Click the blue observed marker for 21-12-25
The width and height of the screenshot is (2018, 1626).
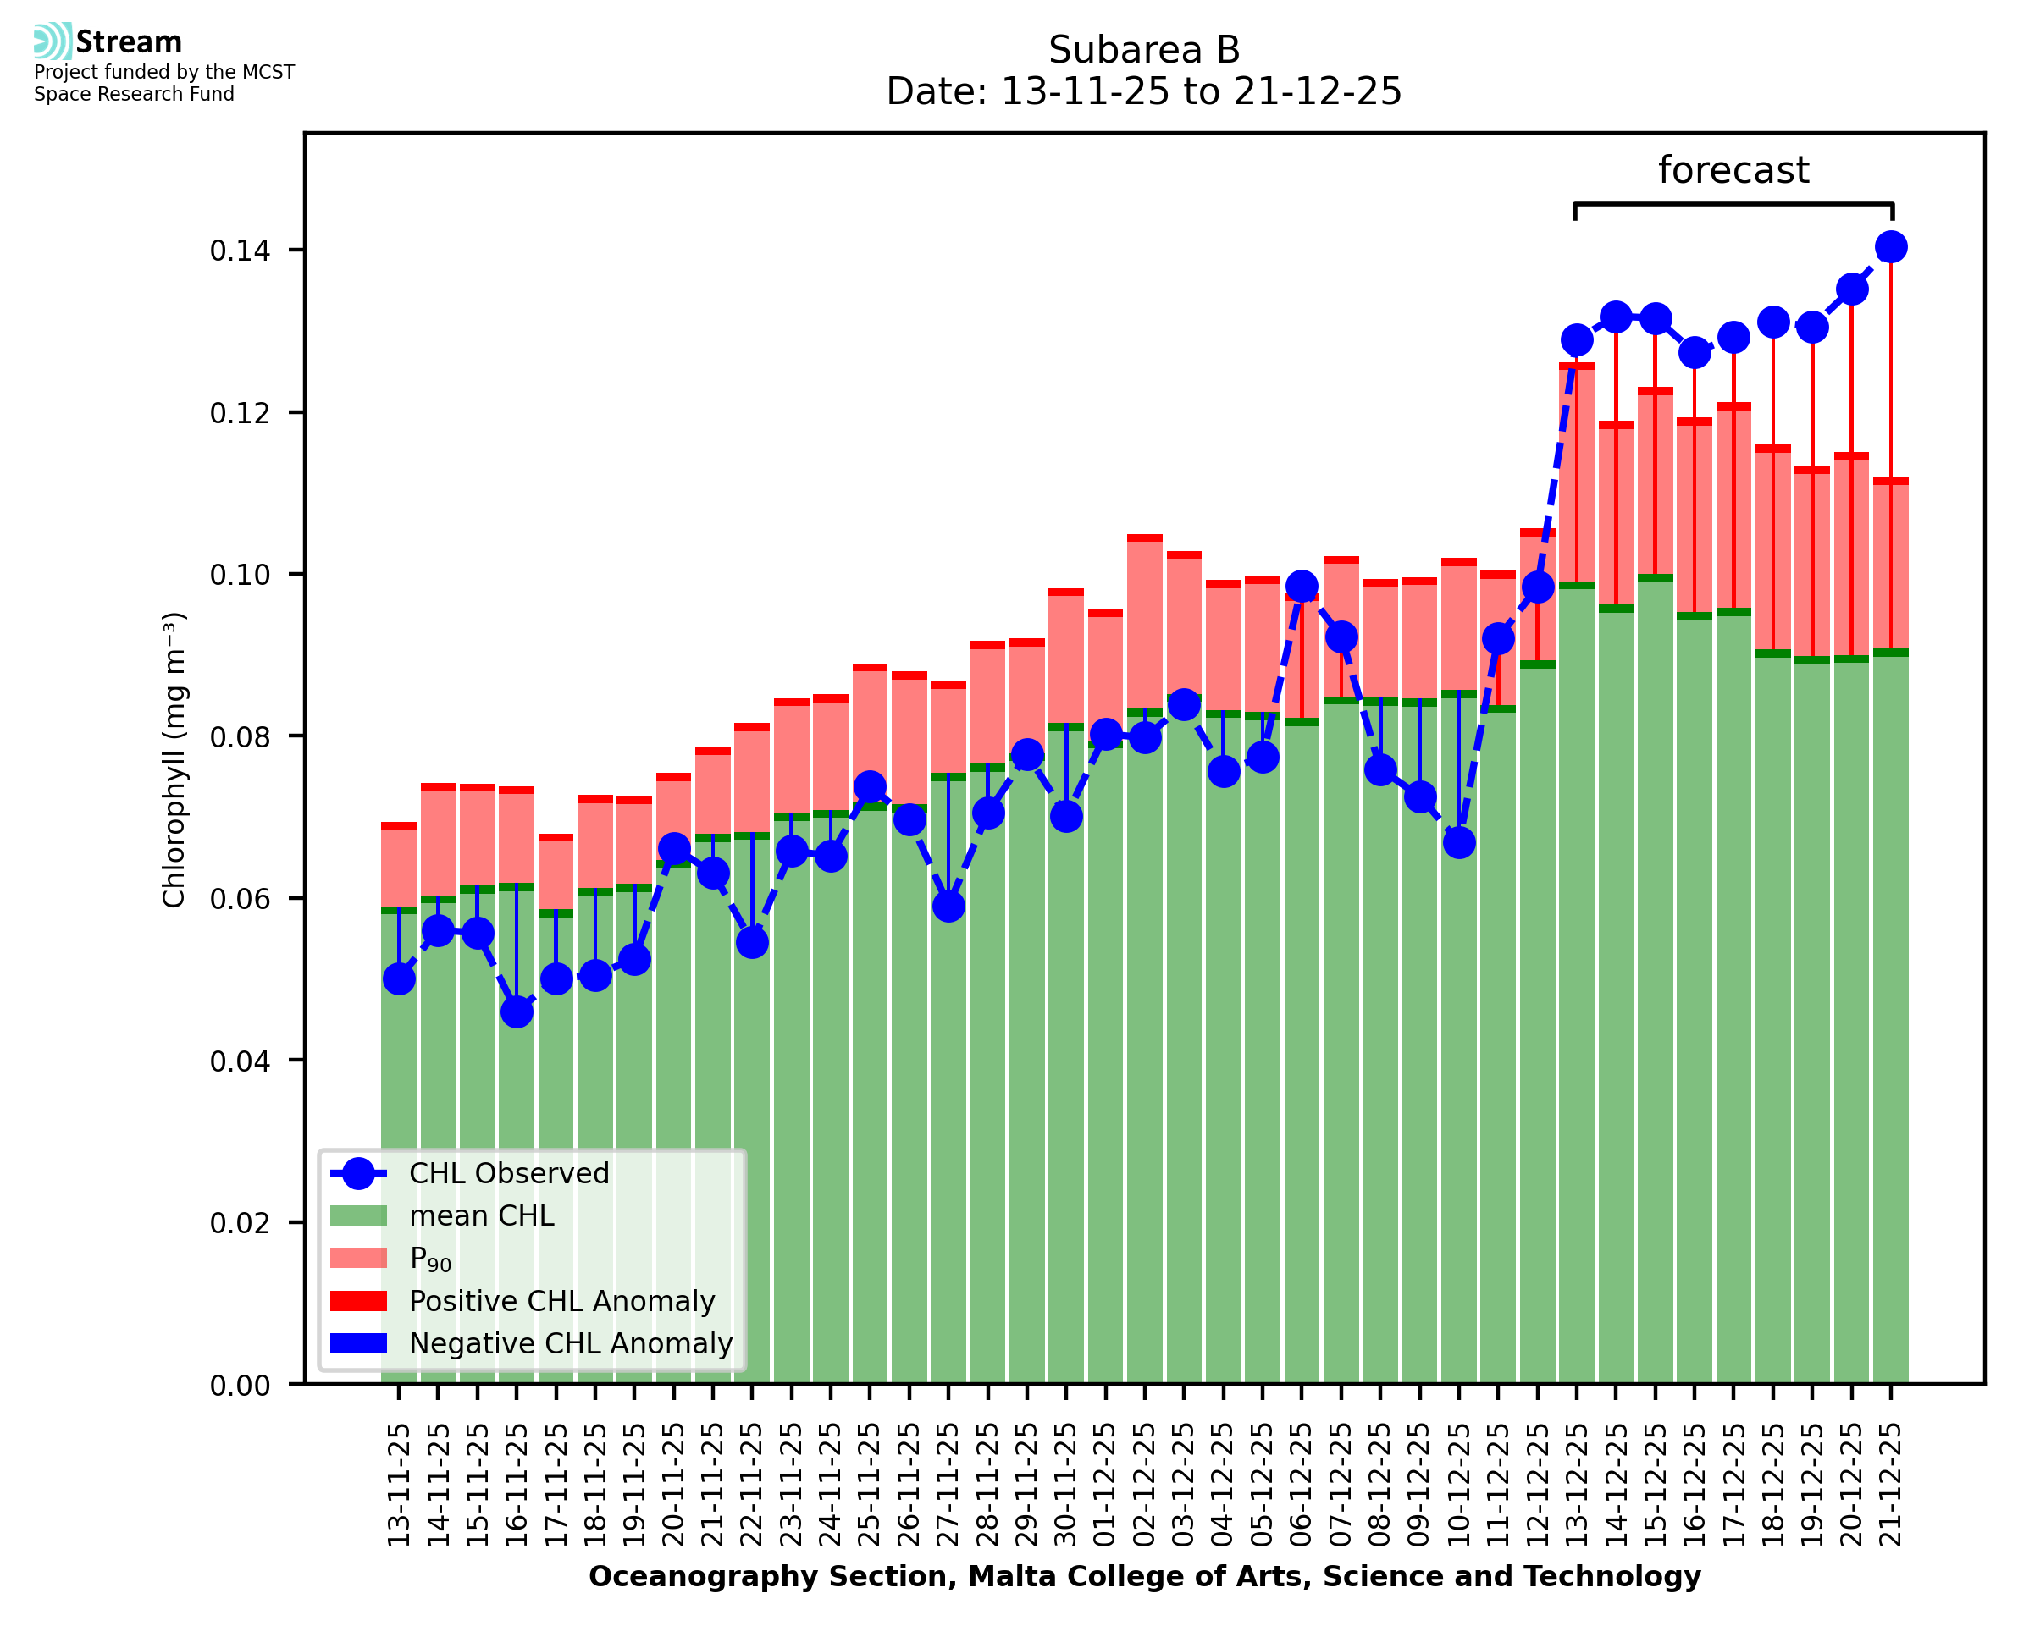click(x=1889, y=247)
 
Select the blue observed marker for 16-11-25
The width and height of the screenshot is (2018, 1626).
click(x=517, y=1011)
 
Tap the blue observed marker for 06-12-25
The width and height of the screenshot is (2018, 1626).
click(x=1302, y=587)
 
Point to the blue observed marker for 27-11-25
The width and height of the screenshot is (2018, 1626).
click(x=948, y=906)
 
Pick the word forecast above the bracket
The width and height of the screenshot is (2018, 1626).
click(x=1733, y=170)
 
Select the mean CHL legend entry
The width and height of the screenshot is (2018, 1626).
click(x=482, y=1215)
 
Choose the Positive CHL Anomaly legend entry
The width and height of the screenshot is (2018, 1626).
click(x=561, y=1301)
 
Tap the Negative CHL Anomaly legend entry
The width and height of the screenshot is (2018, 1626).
click(x=570, y=1343)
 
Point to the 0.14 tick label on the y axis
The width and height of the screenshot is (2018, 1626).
click(x=240, y=251)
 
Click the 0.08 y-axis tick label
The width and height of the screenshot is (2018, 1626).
click(x=240, y=737)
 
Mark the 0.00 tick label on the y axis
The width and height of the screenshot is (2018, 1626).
click(x=240, y=1386)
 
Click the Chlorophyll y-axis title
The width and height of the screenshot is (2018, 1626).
click(x=174, y=759)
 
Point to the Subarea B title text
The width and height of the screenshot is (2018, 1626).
click(x=1143, y=50)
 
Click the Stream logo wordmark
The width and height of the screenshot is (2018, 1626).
click(x=129, y=42)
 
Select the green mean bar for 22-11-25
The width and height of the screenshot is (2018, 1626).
click(x=752, y=1124)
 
